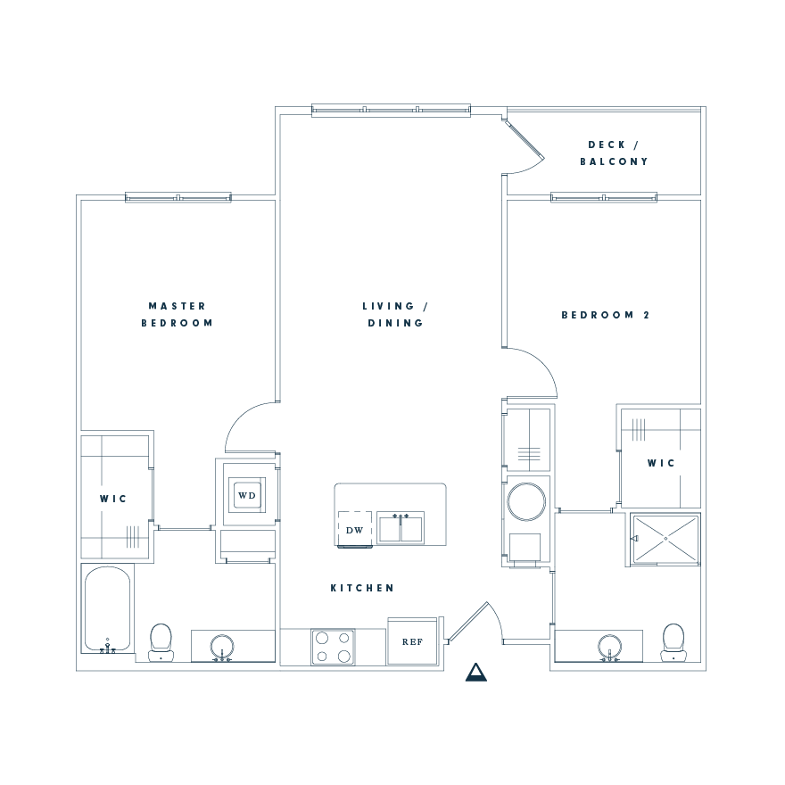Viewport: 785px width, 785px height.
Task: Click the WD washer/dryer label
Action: coord(247,495)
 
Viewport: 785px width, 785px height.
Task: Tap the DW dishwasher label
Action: coord(354,530)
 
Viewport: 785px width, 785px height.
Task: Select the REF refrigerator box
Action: coord(412,641)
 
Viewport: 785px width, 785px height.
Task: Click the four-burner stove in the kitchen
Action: coord(332,647)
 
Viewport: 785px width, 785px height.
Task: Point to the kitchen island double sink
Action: coord(400,528)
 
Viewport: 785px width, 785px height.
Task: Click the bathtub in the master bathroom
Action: coord(108,608)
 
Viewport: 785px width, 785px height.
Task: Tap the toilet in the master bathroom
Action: coord(161,641)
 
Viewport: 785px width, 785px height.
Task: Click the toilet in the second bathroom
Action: coord(673,641)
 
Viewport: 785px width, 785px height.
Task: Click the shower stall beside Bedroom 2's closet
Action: coord(665,539)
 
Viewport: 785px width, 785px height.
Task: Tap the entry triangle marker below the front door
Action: coord(476,673)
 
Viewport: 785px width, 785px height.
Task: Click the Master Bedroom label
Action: coord(177,314)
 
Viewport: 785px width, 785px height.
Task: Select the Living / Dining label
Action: coord(395,314)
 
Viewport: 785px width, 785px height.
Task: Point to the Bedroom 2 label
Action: coord(611,315)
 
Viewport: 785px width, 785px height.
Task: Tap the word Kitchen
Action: coord(362,588)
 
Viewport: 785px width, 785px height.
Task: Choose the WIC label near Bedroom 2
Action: coord(661,463)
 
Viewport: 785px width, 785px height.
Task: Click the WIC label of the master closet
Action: coord(114,499)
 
